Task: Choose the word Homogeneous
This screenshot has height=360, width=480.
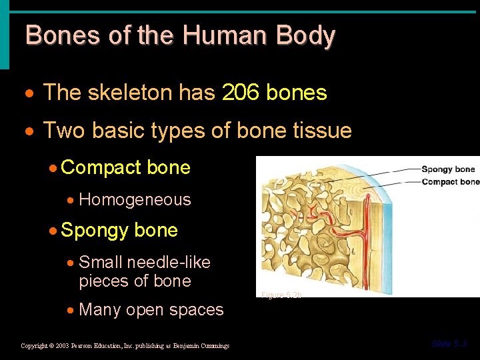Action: pos(135,199)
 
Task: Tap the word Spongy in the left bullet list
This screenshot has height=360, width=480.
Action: pos(95,231)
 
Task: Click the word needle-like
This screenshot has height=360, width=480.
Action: pos(169,262)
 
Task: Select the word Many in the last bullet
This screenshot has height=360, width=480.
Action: pos(100,309)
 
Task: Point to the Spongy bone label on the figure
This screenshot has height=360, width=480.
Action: pos(448,169)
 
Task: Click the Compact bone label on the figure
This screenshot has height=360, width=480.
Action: pos(450,181)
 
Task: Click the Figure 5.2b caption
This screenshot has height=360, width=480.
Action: pos(281,294)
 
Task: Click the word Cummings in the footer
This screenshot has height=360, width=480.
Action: pos(215,345)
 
